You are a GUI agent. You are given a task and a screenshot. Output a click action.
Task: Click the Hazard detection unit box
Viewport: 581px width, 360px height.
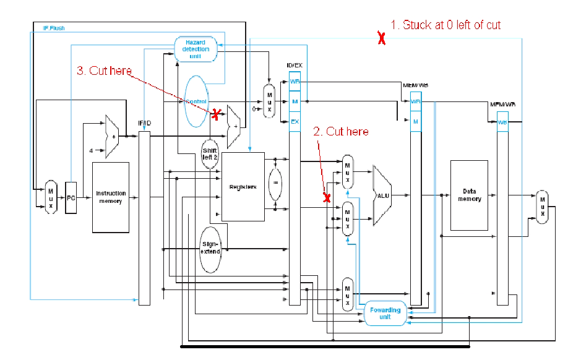point(196,48)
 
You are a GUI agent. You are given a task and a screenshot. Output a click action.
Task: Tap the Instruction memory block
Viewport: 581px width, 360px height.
point(111,197)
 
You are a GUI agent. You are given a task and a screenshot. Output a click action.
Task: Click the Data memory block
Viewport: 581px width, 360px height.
point(469,195)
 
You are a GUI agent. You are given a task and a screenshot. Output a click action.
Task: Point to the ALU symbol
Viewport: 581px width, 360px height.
point(382,195)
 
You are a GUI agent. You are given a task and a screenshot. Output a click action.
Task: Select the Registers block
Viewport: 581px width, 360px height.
point(243,186)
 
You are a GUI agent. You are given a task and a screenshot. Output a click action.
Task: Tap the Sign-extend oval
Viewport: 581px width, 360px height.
point(210,249)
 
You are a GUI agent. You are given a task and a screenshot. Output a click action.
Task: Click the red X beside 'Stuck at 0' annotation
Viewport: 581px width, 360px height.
point(382,39)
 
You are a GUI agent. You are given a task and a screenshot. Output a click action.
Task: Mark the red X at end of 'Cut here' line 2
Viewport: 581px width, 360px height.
point(327,197)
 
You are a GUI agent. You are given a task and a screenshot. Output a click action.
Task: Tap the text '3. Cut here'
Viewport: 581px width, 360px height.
point(104,71)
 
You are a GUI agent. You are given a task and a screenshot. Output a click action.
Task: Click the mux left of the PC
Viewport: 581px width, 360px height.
point(51,197)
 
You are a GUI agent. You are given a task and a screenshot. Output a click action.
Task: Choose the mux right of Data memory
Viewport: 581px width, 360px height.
point(542,207)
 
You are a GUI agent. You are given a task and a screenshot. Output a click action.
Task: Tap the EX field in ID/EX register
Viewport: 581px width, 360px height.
point(295,121)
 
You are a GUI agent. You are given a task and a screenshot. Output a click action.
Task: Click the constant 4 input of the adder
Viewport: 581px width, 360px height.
point(92,150)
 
